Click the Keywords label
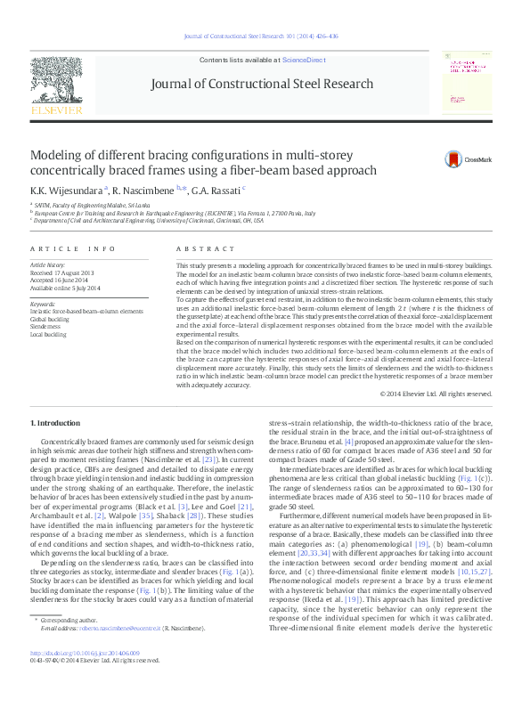point(44,304)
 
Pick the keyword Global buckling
point(51,319)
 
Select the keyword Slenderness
point(47,327)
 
